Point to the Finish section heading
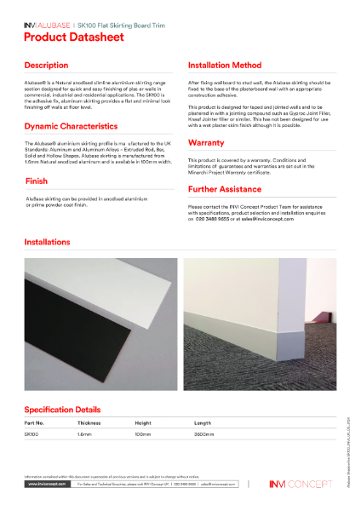click(x=36, y=181)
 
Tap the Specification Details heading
click(x=69, y=409)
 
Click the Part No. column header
click(x=35, y=422)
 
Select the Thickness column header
click(x=89, y=422)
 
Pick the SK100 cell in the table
click(x=32, y=434)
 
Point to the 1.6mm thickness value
click(x=84, y=434)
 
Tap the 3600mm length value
click(x=203, y=434)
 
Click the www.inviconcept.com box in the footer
click(x=47, y=484)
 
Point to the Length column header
click(x=203, y=422)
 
